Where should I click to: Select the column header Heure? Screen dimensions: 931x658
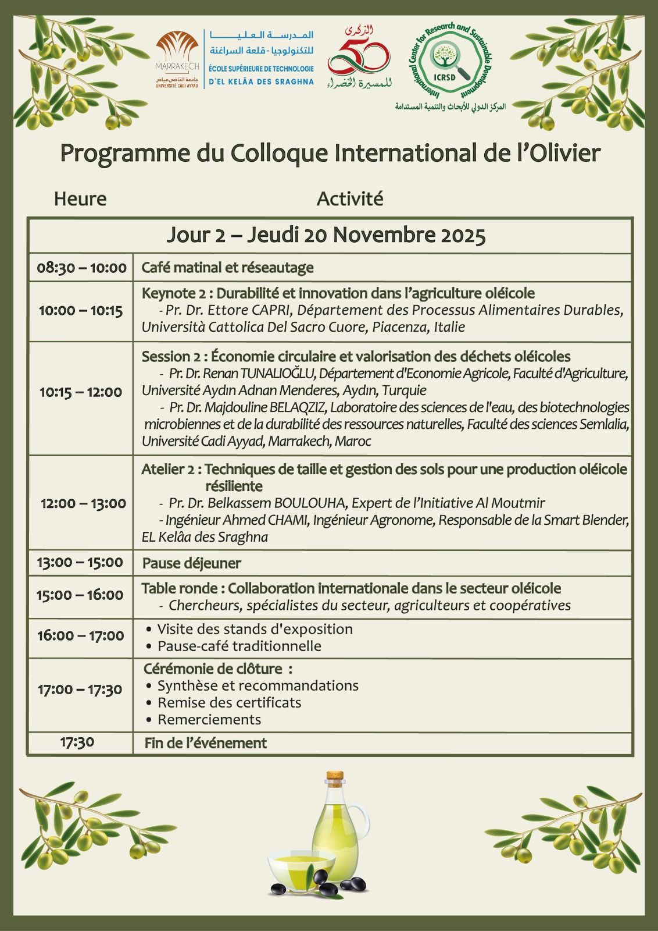tap(80, 199)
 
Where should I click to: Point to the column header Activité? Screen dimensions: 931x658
tap(350, 199)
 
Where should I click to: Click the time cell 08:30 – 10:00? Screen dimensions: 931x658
tap(81, 268)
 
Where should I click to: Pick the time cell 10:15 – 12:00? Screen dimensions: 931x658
tap(81, 392)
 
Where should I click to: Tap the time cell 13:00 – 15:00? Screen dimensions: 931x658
tap(80, 563)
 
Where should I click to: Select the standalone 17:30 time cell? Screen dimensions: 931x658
tap(77, 742)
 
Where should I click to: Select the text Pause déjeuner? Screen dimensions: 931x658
tap(192, 563)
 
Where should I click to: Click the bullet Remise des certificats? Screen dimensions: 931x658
tap(229, 702)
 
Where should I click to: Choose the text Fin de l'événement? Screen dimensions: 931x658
tap(205, 743)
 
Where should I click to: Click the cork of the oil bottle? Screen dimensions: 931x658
tap(334, 778)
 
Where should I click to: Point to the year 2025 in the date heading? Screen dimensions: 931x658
tap(463, 236)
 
